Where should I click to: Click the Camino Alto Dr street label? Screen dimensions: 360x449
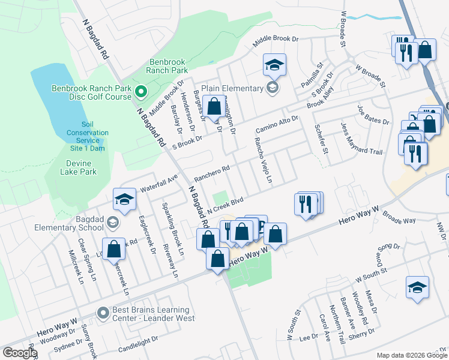277,125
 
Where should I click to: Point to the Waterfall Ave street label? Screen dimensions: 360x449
159,183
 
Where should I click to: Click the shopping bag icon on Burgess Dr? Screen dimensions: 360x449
214,106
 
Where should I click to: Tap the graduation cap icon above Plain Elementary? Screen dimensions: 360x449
274,65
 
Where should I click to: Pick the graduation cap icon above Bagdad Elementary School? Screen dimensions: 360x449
124,199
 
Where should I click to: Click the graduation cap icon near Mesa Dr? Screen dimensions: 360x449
417,287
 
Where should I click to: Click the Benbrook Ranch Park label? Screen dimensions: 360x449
167,66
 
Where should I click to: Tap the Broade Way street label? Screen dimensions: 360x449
399,220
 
